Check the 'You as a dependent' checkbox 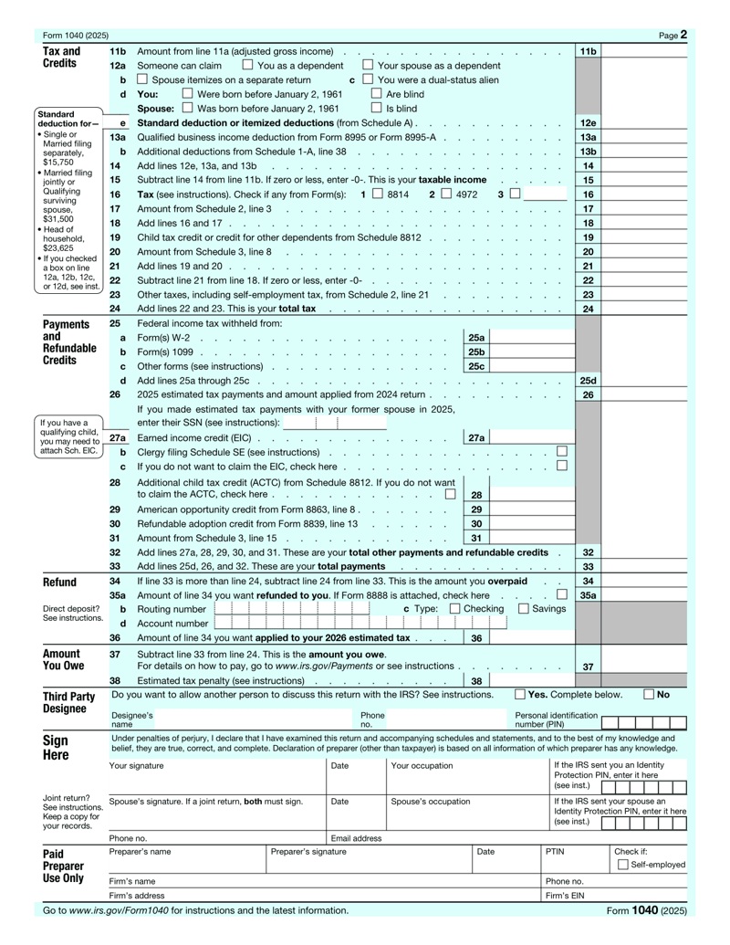[248, 65]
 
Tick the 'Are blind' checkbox [376, 93]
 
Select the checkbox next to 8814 [377, 194]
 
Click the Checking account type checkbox [454, 608]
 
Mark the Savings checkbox [524, 608]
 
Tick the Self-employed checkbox [622, 865]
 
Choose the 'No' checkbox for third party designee [649, 694]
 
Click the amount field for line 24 [644, 309]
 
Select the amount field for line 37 [644, 667]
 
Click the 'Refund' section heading [61, 582]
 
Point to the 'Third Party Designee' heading [69, 702]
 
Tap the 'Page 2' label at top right [673, 36]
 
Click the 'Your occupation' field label [421, 765]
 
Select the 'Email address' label [356, 837]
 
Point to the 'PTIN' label [556, 851]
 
